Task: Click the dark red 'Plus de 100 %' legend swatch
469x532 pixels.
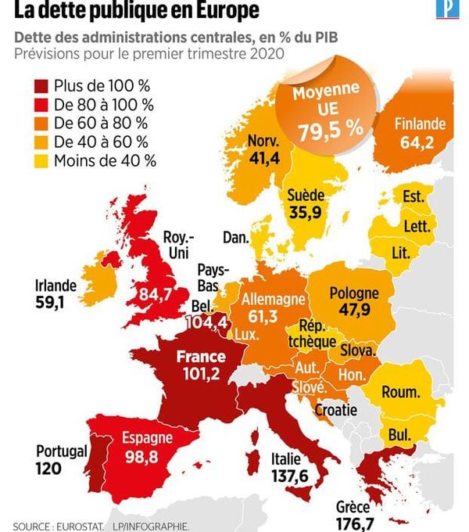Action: click(42, 85)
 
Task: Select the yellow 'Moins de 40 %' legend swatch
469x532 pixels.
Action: click(42, 161)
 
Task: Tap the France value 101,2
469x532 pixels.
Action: click(201, 373)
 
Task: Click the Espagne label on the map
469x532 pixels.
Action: click(149, 439)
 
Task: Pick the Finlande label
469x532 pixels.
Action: click(420, 124)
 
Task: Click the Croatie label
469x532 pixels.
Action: click(335, 410)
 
